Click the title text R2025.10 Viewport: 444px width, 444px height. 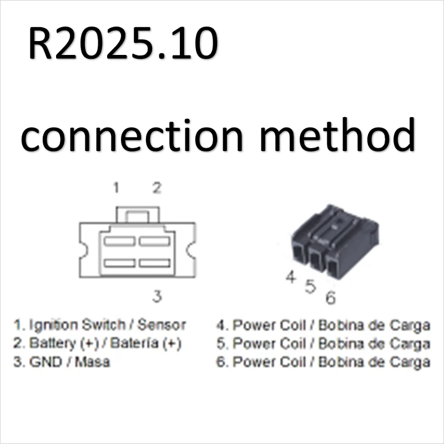coord(122,44)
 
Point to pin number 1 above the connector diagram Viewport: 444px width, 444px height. coord(116,188)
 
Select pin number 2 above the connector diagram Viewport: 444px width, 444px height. coord(157,188)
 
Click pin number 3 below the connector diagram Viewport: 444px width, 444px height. coord(157,296)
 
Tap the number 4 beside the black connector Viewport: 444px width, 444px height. coord(290,276)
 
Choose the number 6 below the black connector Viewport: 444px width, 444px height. coord(331,298)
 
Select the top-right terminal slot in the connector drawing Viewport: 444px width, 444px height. coord(154,241)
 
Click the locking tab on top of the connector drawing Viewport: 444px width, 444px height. coord(137,215)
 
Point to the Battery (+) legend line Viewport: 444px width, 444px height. coord(98,344)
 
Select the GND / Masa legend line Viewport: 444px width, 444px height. coord(62,362)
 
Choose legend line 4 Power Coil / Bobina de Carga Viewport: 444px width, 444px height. coord(323,325)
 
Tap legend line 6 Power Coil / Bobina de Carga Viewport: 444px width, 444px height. coord(323,362)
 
